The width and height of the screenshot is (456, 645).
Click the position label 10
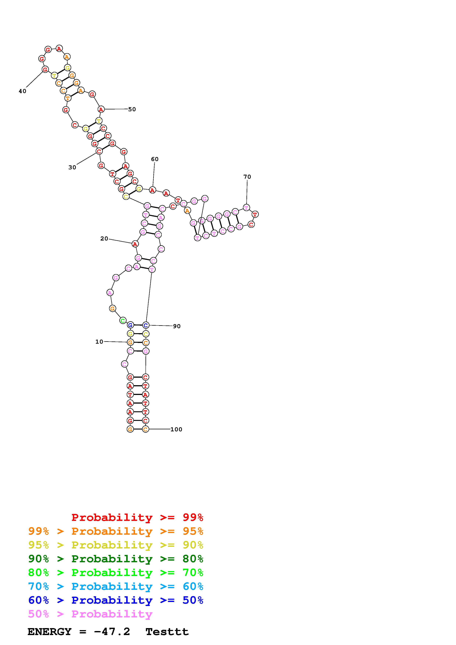coord(99,342)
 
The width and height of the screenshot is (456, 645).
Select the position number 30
coord(72,168)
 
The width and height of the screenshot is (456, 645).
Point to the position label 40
coord(22,91)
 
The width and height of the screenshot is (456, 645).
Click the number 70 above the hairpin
coord(247,177)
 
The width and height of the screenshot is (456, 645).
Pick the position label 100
coord(176,429)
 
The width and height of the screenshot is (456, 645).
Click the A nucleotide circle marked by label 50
coord(101,109)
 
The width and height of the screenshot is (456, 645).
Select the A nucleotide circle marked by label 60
coord(152,190)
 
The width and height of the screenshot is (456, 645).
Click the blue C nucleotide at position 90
coord(146,325)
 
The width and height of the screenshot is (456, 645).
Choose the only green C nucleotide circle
coord(123,320)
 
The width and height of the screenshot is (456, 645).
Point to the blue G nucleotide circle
coord(130,325)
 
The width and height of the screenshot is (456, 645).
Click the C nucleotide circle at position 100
coord(145,429)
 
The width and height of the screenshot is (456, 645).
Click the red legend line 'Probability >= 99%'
coord(137,517)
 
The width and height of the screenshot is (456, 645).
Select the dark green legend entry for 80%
coord(116,559)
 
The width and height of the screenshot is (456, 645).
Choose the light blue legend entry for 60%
coord(116,586)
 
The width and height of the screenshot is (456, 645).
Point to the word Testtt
coord(167,632)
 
